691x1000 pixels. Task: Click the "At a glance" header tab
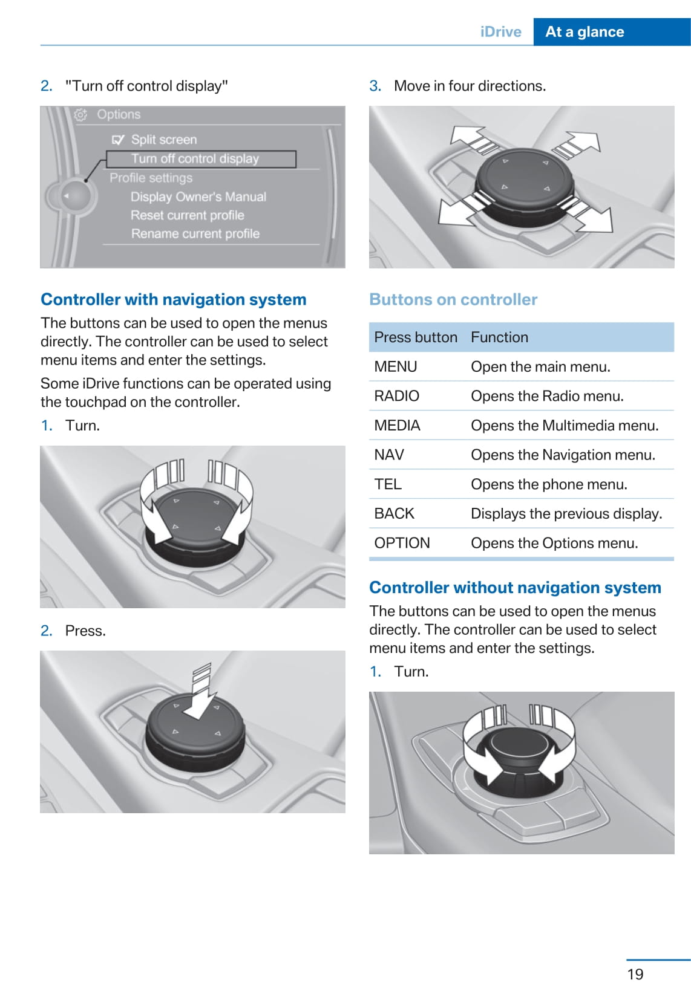pos(585,32)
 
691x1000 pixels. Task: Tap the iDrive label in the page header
pos(500,32)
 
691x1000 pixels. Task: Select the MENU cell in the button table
pos(396,366)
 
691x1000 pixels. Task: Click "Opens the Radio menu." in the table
pos(547,396)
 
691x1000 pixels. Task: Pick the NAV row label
pos(389,455)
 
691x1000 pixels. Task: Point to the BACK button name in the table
pos(395,513)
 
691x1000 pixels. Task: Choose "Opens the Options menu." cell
pos(554,543)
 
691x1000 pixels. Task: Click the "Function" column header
pos(499,337)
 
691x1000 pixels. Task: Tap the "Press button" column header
pos(416,337)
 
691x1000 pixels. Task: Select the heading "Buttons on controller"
pos(453,299)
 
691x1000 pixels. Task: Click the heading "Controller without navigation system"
pos(515,588)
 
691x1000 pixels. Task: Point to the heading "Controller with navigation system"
pos(174,299)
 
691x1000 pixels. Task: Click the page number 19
pos(635,974)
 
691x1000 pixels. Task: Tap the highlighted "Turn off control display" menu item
pos(195,159)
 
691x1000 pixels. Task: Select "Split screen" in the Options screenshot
pos(164,140)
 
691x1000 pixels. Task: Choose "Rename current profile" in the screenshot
pos(195,233)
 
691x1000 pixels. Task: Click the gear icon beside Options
pos(81,114)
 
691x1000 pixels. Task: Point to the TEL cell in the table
pos(388,484)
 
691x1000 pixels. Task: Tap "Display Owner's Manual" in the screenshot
pos(198,196)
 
